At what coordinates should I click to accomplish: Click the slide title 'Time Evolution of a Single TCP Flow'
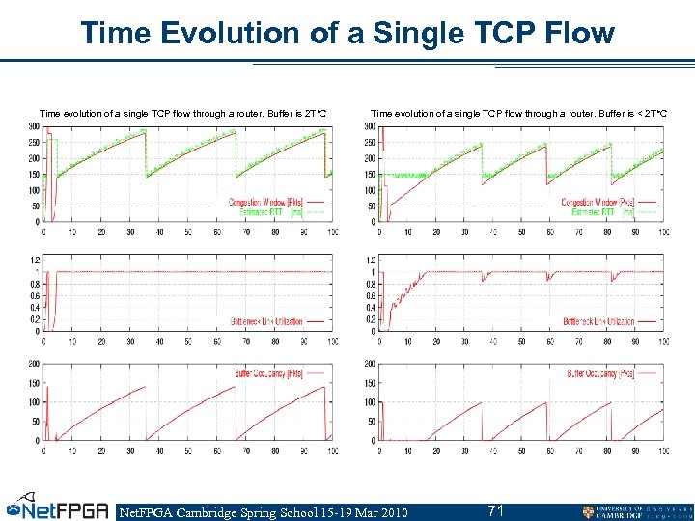(x=347, y=33)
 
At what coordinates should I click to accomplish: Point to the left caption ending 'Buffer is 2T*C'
(x=182, y=114)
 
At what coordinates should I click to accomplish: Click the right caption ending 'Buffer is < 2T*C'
(x=518, y=114)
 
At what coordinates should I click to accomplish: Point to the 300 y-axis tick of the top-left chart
(x=33, y=126)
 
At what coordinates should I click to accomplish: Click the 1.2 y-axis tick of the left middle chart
(x=34, y=260)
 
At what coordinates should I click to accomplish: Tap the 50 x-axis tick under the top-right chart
(x=521, y=233)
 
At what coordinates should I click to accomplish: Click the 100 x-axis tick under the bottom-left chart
(x=331, y=451)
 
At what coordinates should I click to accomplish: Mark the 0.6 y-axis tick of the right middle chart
(x=368, y=295)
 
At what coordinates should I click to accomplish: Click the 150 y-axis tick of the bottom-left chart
(x=33, y=383)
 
